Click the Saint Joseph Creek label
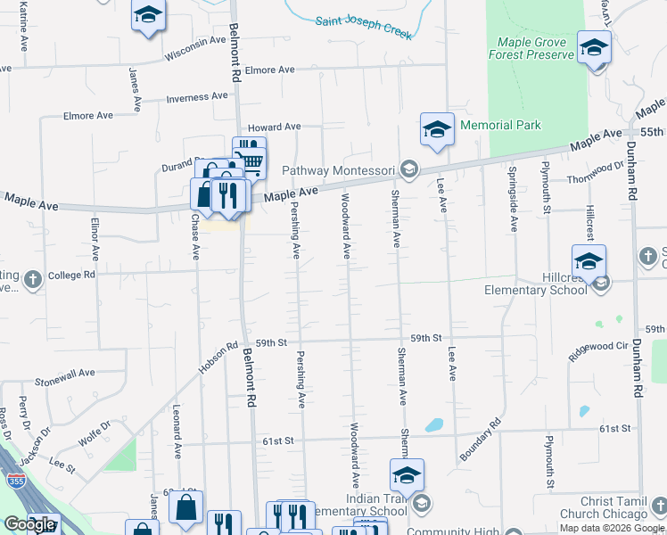(362, 27)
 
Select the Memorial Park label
(500, 126)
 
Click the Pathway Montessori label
(339, 169)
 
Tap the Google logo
(29, 524)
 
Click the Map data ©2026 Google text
(612, 528)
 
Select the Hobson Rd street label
(218, 358)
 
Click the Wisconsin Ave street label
(195, 47)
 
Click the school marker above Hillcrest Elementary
(589, 261)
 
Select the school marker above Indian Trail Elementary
(407, 475)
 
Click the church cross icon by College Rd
(32, 278)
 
